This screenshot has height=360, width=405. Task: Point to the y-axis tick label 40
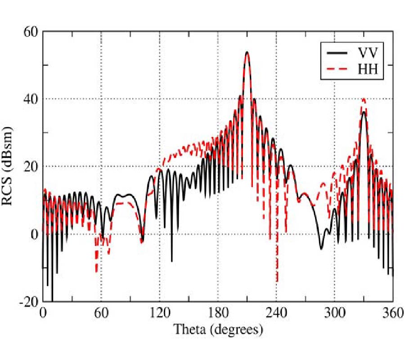coord(31,99)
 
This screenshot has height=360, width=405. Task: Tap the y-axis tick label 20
coord(31,166)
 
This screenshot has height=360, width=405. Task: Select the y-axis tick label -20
coord(29,301)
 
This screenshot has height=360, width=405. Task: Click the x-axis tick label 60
coord(101,313)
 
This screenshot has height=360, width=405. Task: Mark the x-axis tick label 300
coord(335,313)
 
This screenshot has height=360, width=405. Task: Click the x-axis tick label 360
coord(392,313)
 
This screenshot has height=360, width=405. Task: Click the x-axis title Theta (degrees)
coord(218,330)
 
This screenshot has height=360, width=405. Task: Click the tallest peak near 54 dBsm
coord(247,52)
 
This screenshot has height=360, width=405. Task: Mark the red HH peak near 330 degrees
coord(364,99)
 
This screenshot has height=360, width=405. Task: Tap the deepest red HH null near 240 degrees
coord(277,282)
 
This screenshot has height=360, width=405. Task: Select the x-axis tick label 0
coord(43,313)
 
